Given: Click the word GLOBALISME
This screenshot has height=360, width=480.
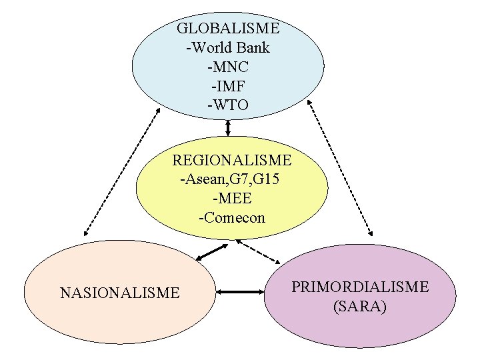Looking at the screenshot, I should pos(228,29).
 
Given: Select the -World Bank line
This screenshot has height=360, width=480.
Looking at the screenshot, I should pos(228,48).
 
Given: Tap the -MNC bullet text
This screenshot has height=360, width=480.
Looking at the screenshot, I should pos(228,67).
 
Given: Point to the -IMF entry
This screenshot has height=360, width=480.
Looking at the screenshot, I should pos(228,86).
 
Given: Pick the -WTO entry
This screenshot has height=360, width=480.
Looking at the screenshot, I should pos(228,105).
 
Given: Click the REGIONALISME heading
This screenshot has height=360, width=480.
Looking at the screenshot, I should pos(231,161).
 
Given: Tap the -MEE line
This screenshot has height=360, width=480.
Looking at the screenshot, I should pos(231,199).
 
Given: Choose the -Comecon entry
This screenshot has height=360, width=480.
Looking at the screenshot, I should pos(231,218).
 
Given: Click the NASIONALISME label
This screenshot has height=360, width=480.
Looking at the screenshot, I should pos(119,293).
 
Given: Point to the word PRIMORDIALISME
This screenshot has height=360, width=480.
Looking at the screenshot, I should pos(360,287).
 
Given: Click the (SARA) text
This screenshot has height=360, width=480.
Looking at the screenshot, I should pos(360,307).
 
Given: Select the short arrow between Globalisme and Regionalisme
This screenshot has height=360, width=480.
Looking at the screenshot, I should pos(228,128).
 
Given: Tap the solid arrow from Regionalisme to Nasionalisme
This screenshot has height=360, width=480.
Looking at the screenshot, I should pos(212,253).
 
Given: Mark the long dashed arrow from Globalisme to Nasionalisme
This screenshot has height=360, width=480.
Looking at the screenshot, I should pos(121,169).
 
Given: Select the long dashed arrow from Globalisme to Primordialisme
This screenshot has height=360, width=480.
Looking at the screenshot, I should pos(341,169).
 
